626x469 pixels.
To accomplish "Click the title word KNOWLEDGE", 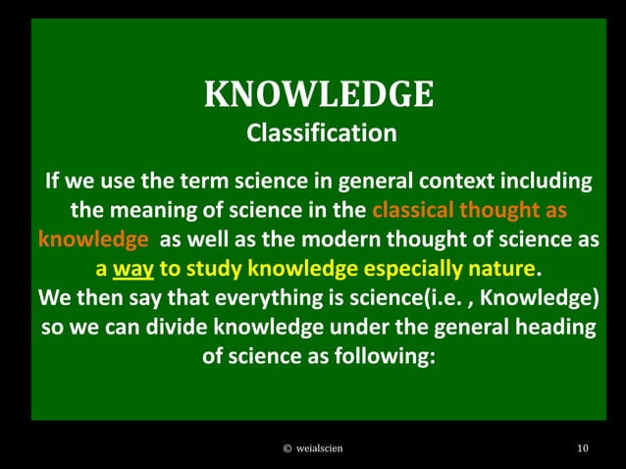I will click(319, 94).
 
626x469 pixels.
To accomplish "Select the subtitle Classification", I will click(321, 132).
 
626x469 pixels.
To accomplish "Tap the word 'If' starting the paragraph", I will click(55, 182).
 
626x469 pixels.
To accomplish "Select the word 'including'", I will click(549, 182).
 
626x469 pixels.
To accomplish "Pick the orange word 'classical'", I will click(416, 210).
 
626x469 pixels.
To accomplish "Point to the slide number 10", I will click(583, 447).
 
